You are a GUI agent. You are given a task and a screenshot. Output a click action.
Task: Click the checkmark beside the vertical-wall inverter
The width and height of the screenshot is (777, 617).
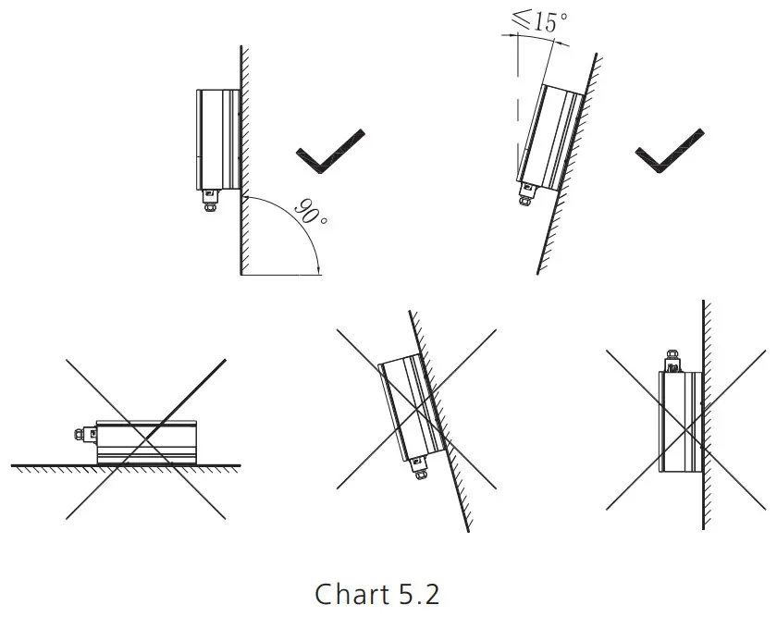(327, 152)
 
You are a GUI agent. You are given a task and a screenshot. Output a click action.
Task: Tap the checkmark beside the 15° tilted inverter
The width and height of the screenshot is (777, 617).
(669, 150)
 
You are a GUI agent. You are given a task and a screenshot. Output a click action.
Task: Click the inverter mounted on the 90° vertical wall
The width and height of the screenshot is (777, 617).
(218, 138)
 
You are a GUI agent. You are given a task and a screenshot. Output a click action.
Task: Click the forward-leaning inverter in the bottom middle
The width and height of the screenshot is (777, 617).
(408, 408)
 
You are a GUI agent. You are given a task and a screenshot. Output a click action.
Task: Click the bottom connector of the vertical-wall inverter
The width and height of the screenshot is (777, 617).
(210, 198)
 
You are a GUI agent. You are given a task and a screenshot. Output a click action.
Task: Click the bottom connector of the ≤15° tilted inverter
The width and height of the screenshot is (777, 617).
(528, 194)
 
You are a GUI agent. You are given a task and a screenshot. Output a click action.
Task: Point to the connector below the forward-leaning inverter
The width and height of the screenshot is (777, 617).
(418, 474)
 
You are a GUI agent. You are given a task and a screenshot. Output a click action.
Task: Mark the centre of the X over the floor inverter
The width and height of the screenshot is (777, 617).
(147, 438)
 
